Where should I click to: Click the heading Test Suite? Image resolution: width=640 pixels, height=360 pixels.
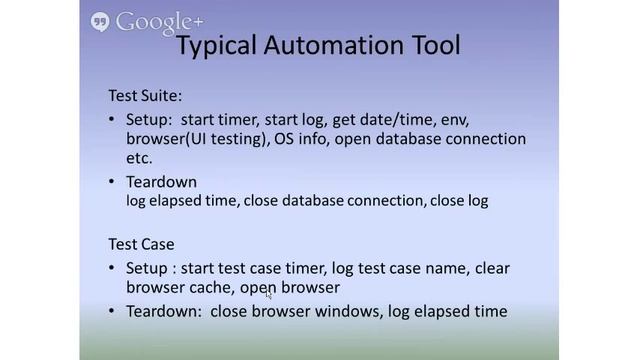pos(146,96)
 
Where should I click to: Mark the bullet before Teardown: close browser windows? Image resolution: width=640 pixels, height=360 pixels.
pos(112,312)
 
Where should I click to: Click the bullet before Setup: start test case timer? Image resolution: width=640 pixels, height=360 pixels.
pos(112,268)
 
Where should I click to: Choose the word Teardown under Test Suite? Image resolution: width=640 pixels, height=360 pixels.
pos(161,182)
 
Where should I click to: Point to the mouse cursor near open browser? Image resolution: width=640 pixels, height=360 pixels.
pos(268,294)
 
